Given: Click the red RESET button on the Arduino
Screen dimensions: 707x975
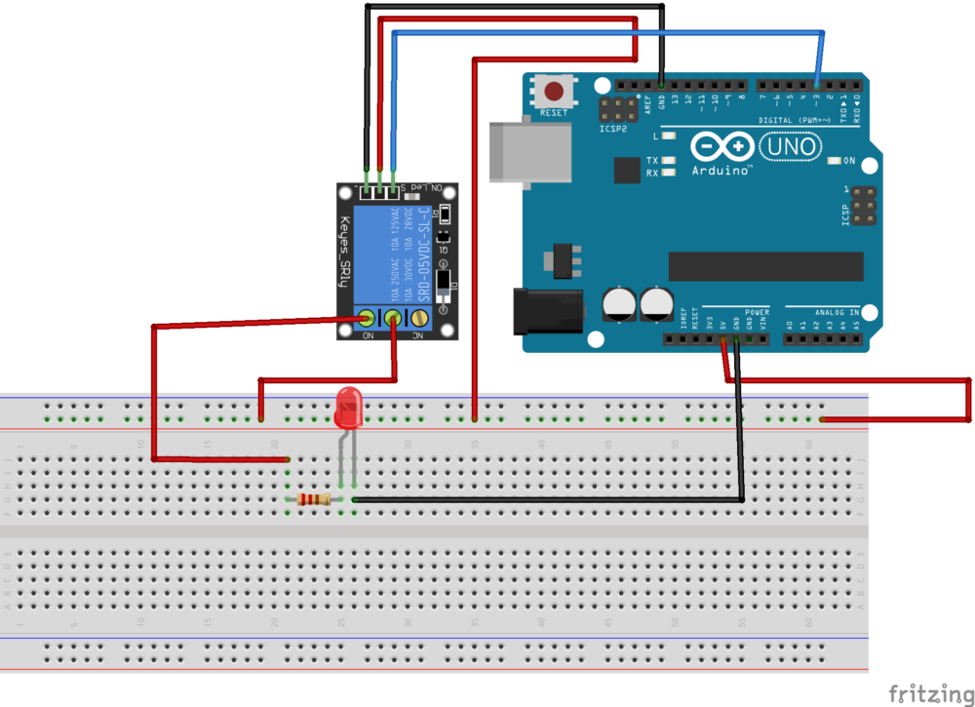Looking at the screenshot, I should click(554, 93).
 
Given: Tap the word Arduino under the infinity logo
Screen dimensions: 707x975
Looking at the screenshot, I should click(721, 170).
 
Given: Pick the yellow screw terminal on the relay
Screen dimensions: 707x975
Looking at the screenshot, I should click(420, 317).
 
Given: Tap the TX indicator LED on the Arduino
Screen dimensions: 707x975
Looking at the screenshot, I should click(669, 160).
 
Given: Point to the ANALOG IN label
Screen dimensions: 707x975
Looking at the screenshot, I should click(839, 312).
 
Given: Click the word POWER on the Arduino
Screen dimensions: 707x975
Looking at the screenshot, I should click(757, 312).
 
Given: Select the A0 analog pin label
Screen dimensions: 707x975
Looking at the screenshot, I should click(790, 325).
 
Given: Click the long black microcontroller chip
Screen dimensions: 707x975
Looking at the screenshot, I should click(765, 265).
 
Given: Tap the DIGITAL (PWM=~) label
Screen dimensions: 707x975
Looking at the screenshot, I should click(796, 121).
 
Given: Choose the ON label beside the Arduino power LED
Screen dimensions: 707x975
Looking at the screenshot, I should click(849, 161).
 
